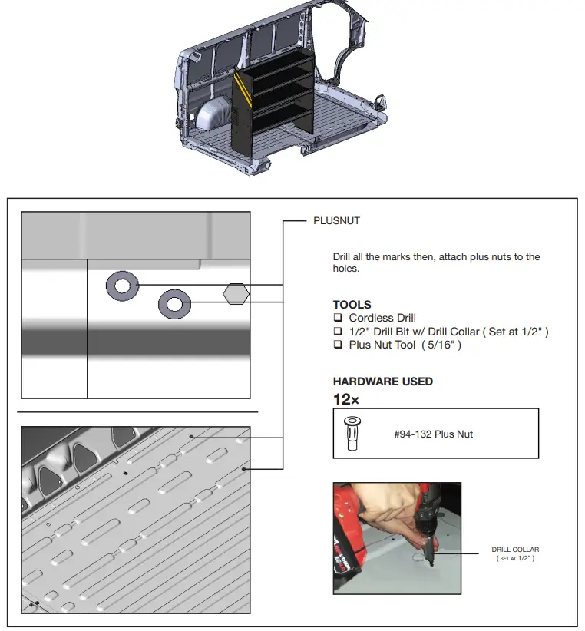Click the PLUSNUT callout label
336,221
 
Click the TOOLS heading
352,305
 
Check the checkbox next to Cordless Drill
337,318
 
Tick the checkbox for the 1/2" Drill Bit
337,332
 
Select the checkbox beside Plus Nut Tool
337,345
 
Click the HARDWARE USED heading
382,382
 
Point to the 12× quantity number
345,399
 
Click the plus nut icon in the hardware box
352,434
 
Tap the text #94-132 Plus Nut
433,434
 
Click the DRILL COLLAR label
515,550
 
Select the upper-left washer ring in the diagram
121,286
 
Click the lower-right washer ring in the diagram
174,304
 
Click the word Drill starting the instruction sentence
343,257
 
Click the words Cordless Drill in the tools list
382,318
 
